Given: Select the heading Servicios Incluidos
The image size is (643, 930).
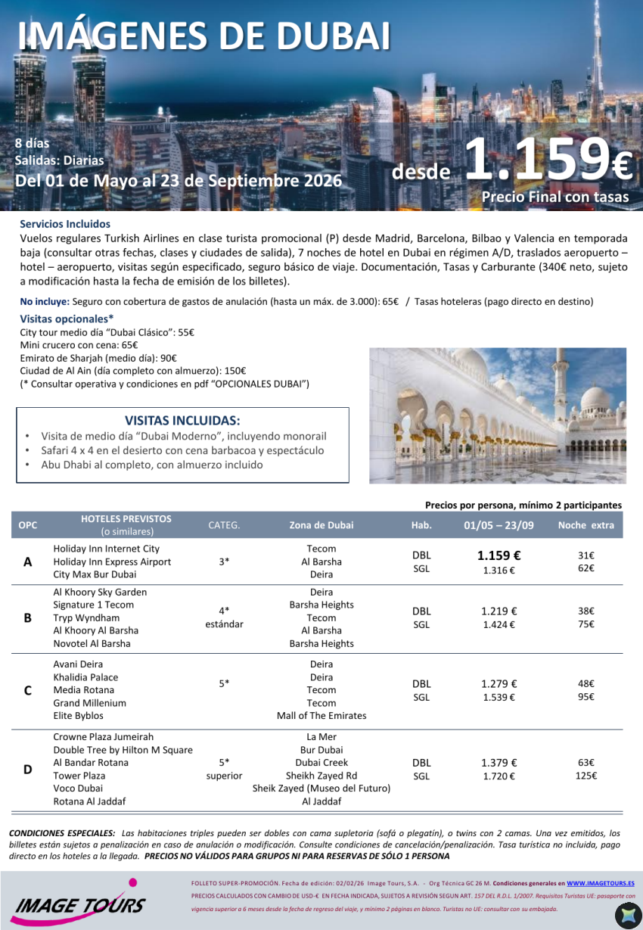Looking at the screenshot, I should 65,224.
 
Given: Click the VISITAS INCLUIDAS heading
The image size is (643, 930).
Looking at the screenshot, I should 182,421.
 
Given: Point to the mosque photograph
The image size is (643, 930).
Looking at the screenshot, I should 497,415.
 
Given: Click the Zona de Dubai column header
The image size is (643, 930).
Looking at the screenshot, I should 321,525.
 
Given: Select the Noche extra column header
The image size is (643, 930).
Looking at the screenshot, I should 586,525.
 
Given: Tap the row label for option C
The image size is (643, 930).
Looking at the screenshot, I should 28,690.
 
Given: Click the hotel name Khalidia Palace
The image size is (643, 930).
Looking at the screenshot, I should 85,677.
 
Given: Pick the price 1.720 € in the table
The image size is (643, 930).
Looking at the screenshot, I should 499,776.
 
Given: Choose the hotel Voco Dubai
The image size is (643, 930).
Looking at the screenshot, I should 79,788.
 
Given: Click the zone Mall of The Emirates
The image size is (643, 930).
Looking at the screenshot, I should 321,716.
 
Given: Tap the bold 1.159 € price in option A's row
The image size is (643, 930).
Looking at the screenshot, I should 499,555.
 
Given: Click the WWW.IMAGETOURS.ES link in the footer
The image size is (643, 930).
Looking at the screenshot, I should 600,883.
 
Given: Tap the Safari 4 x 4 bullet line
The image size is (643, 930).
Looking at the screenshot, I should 182,450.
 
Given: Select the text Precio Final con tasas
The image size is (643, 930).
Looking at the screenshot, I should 555,198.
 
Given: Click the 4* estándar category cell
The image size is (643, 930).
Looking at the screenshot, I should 224,617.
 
